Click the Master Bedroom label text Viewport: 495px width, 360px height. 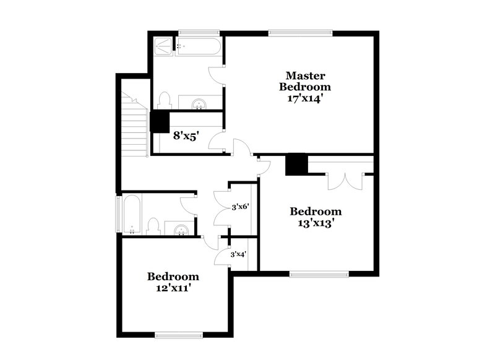pos(304,81)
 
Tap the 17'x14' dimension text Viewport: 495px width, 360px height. pos(304,98)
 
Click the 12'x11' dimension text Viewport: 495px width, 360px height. pos(173,288)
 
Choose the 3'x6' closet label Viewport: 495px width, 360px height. pos(239,207)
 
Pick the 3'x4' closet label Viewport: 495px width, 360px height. pos(238,254)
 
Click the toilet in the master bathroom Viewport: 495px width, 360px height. pos(164,101)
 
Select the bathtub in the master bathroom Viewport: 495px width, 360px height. pos(198,46)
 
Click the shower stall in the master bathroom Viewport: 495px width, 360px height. pos(164,46)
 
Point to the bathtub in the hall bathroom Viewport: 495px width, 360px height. pos(132,214)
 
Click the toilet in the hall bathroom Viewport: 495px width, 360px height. pos(153,226)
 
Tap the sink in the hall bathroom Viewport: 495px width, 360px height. pos(181,230)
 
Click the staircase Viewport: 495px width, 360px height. pos(134,127)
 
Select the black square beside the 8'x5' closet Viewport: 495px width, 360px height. pos(160,121)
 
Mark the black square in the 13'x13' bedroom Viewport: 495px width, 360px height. pos(296,165)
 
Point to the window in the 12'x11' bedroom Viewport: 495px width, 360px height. pos(179,335)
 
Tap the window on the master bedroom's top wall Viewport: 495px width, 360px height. pos(299,33)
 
